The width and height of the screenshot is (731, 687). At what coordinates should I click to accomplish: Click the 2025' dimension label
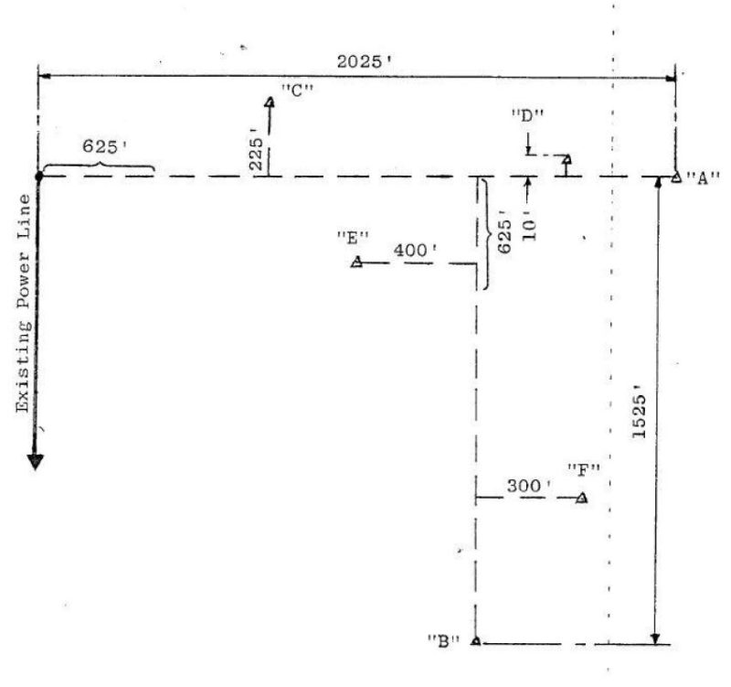point(364,61)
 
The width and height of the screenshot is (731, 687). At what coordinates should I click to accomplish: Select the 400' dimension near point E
point(416,251)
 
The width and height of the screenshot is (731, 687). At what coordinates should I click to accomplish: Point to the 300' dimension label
point(529,486)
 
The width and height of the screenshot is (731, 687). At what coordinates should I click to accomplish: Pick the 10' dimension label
point(529,225)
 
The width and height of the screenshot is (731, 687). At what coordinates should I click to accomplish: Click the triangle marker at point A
point(676,177)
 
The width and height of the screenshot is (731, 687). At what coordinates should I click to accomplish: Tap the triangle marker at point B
point(475,640)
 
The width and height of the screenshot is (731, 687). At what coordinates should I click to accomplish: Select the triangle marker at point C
point(270,102)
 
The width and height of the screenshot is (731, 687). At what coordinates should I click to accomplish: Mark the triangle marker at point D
point(567,159)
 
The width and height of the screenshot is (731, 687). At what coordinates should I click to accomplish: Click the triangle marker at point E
point(357,262)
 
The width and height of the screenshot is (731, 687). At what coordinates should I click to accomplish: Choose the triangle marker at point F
point(582,499)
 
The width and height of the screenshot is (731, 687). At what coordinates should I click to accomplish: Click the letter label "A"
point(703,177)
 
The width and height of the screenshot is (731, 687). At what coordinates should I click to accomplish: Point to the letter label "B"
point(444,641)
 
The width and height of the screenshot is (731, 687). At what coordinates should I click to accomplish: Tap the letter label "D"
point(528,116)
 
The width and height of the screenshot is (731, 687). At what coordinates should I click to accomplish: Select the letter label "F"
point(584,470)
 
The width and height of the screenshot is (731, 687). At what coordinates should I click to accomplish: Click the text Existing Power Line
point(24,304)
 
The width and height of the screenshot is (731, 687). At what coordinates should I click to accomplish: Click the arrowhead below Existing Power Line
point(36,461)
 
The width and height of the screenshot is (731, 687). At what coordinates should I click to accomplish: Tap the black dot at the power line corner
point(39,177)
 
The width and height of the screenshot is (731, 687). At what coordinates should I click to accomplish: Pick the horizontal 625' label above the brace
point(105,146)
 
